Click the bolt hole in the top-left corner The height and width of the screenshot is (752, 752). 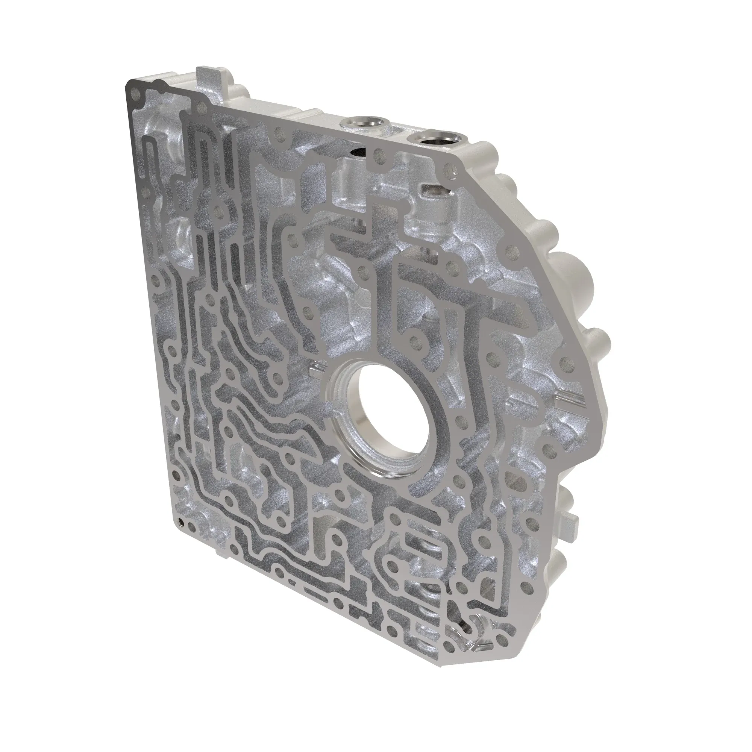135,94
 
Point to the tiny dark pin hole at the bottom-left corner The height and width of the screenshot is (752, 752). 180,522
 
